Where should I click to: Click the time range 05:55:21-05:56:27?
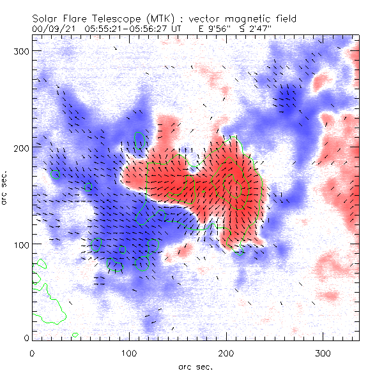(128, 29)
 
